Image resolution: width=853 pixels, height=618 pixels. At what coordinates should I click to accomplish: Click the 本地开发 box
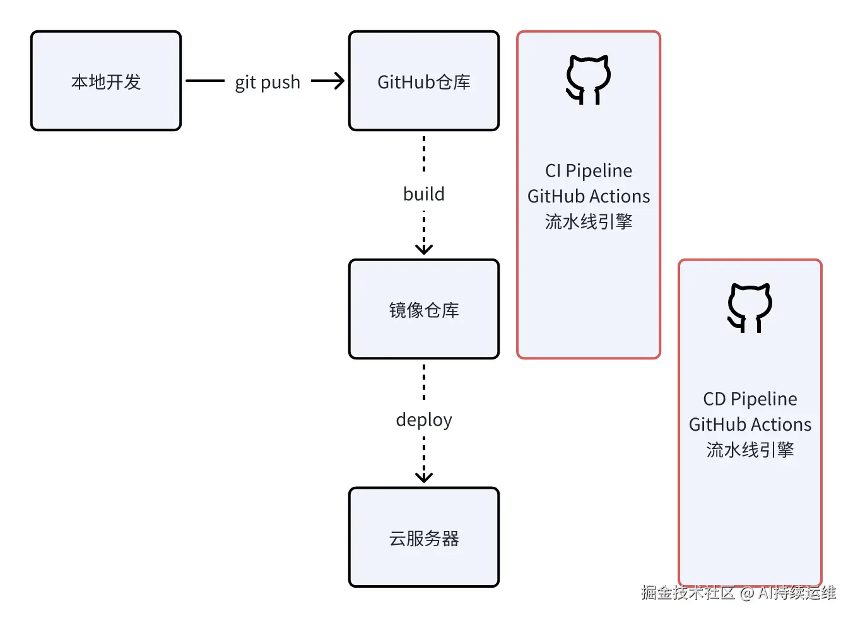106,81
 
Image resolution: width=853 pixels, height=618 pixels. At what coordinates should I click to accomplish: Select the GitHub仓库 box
423,81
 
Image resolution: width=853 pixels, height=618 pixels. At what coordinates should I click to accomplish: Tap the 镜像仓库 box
423,310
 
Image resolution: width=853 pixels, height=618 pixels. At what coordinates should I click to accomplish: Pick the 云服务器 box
423,538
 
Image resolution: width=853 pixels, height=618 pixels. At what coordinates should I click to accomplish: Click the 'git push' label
268,83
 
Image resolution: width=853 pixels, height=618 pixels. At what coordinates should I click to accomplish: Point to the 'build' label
424,194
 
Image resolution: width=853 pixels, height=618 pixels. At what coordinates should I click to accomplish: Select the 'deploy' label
424,420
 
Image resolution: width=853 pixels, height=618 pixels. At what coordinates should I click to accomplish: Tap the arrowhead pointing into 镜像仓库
424,248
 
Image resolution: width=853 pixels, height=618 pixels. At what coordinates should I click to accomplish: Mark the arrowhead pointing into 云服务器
424,477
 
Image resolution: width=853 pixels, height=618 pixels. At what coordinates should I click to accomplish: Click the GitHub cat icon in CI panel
588,79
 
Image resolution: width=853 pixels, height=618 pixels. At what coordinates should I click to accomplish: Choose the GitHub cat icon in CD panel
750,308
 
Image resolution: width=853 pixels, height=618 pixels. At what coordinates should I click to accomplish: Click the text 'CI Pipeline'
589,171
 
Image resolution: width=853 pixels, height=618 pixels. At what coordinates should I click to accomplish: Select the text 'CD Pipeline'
750,399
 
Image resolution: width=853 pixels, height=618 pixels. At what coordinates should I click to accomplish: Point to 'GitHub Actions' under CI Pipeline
589,197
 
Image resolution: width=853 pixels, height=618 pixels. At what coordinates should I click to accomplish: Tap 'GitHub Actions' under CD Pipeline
750,424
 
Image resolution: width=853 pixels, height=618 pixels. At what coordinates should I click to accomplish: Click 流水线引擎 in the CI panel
589,222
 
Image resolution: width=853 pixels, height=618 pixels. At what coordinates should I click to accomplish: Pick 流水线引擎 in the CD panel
750,450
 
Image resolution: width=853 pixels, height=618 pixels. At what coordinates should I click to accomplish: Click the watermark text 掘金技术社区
688,593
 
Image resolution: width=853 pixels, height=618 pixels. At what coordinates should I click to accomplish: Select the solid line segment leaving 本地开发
205,81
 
